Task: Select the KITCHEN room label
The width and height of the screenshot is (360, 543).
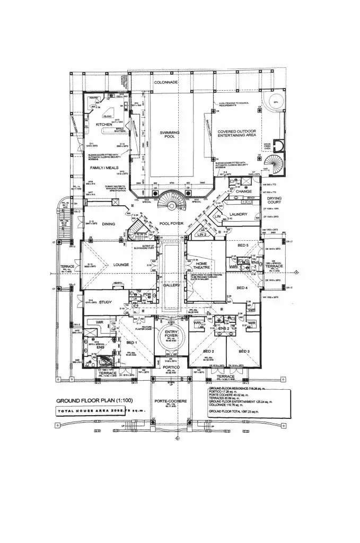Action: pos(105,125)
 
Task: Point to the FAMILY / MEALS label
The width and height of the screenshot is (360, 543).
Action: pos(103,168)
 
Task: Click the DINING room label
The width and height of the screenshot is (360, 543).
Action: pos(108,224)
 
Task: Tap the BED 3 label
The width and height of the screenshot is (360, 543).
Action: pos(244,352)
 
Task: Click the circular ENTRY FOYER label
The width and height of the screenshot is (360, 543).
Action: pos(172,335)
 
